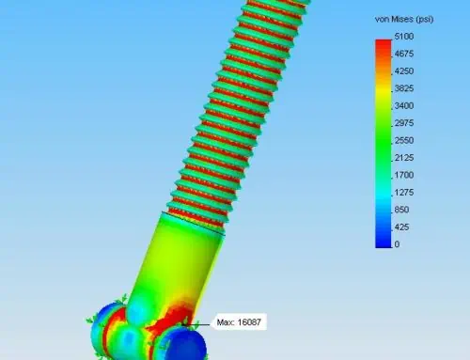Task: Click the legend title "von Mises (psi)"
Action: pyautogui.click(x=404, y=20)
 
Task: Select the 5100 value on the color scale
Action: pyautogui.click(x=404, y=37)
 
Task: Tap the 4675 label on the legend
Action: pyautogui.click(x=404, y=54)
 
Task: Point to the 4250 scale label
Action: pyautogui.click(x=404, y=71)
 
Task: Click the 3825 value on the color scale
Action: pyautogui.click(x=404, y=88)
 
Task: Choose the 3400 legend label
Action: pyautogui.click(x=404, y=106)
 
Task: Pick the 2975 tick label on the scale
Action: pyautogui.click(x=404, y=123)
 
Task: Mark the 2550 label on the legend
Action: pyautogui.click(x=404, y=140)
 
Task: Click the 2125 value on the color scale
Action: pyautogui.click(x=404, y=158)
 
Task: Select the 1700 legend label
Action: pyautogui.click(x=404, y=175)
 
